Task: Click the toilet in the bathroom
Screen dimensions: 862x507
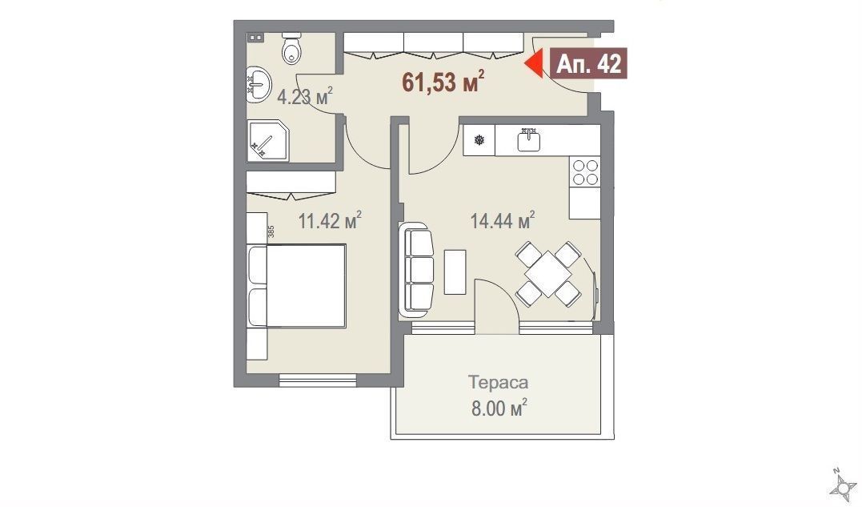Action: point(292,48)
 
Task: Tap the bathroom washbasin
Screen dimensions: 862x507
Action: point(258,84)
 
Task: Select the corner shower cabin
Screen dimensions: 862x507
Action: point(267,141)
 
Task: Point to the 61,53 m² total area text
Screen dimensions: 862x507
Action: point(443,82)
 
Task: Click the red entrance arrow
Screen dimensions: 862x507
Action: point(533,64)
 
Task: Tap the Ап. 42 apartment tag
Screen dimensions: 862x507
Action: point(589,64)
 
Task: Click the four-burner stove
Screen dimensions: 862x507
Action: point(585,171)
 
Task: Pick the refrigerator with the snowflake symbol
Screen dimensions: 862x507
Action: point(479,140)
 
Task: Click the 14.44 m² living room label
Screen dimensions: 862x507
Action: point(503,221)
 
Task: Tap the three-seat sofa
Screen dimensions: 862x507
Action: point(416,269)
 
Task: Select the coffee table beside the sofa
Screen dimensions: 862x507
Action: point(455,272)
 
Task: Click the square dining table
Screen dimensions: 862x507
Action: point(548,273)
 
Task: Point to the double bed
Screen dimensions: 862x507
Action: point(296,287)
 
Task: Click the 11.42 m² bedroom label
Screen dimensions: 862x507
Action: point(329,221)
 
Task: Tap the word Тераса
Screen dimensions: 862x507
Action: point(498,381)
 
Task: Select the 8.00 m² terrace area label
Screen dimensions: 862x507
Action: point(499,408)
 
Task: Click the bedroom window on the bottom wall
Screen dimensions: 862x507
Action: point(317,380)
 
